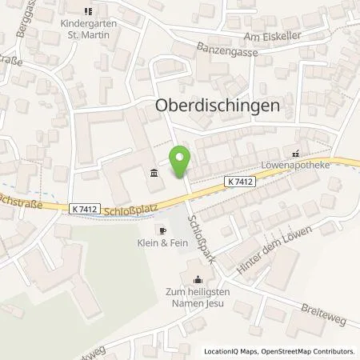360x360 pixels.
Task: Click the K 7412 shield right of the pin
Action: coord(241,182)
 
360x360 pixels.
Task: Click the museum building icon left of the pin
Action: coord(154,173)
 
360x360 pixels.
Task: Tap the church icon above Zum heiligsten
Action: coord(198,279)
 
